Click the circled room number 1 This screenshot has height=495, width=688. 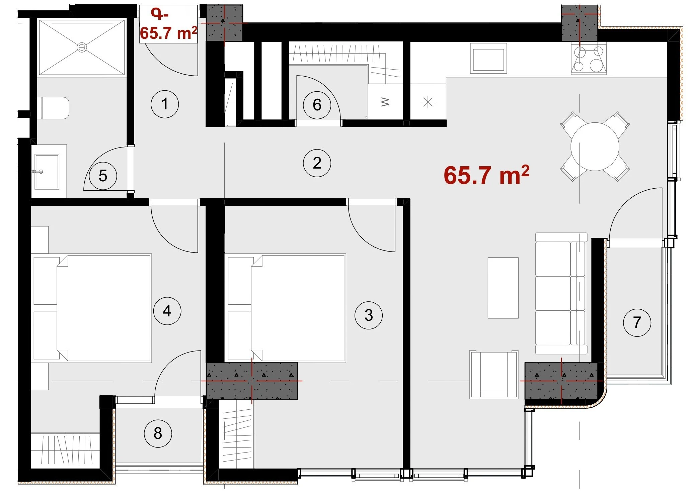[x=165, y=104]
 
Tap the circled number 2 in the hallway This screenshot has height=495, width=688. [x=317, y=163]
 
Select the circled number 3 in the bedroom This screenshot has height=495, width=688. [x=369, y=315]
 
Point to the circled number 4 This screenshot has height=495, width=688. [x=167, y=311]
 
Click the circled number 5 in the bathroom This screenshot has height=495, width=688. [x=103, y=176]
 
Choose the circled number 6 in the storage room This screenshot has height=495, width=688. [x=317, y=105]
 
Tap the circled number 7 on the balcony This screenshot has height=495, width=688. [x=637, y=322]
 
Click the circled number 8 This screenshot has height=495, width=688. [x=158, y=433]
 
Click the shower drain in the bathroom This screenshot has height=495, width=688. [x=82, y=47]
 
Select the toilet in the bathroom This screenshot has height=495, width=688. [x=55, y=108]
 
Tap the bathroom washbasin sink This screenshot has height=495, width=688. [x=47, y=172]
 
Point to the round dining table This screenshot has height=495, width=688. [x=595, y=146]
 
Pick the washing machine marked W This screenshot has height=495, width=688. [x=385, y=101]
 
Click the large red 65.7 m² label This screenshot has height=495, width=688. [x=486, y=175]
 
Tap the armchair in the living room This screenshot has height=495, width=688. [x=494, y=375]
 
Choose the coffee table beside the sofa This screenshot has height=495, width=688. [x=503, y=288]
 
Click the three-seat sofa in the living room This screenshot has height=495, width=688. [x=561, y=293]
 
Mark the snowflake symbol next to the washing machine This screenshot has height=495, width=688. [x=428, y=102]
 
